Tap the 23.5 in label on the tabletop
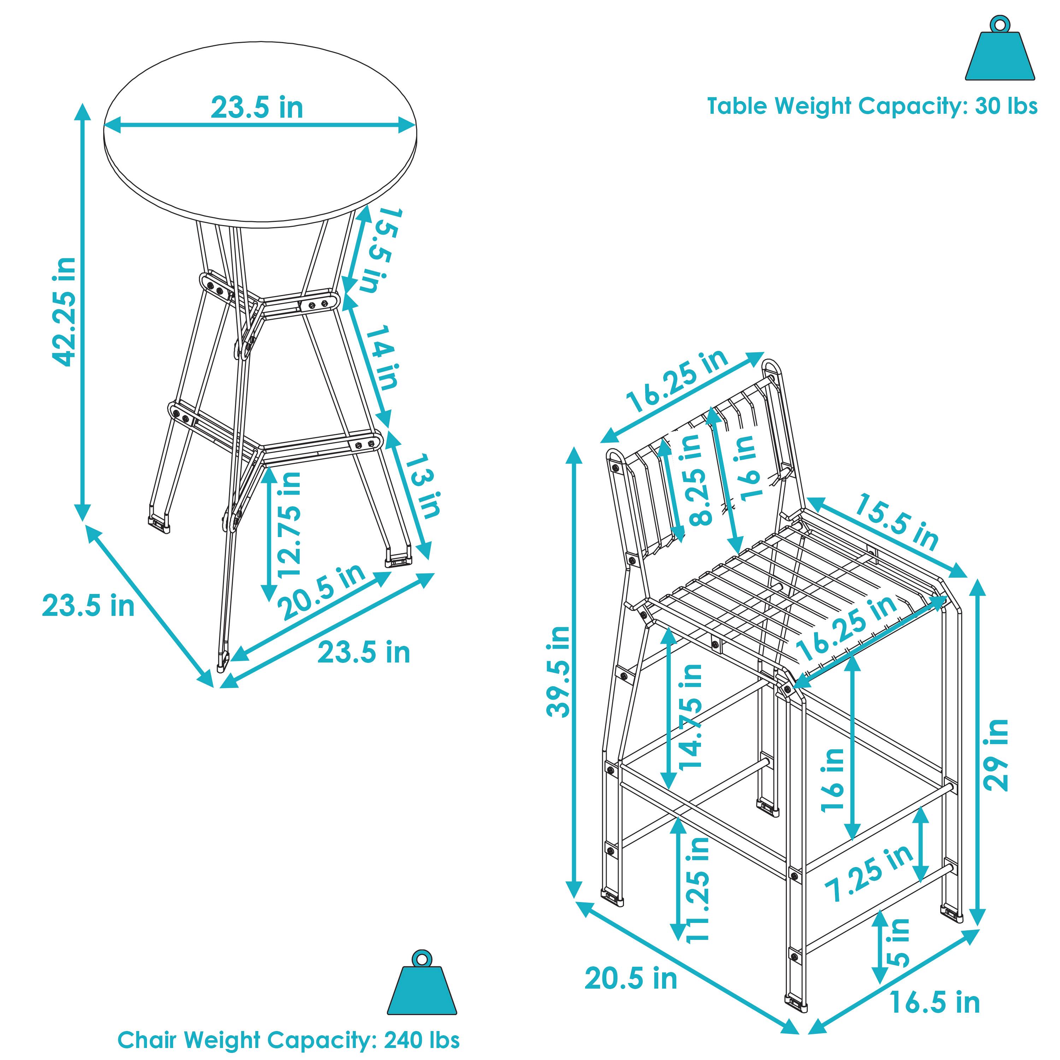click(257, 107)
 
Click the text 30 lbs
click(1006, 106)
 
